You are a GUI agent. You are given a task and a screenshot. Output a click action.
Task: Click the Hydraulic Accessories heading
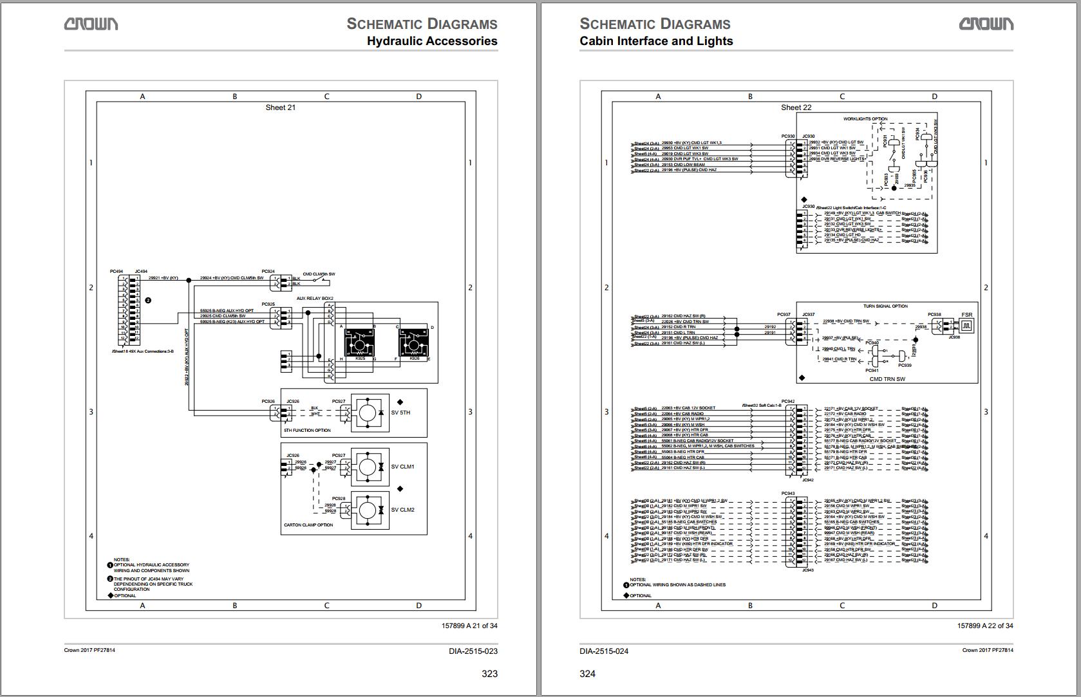(431, 41)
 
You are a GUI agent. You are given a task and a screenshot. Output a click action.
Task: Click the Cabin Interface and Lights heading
(656, 41)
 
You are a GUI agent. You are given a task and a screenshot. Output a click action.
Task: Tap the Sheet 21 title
(281, 107)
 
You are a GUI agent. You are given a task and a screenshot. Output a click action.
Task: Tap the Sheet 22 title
(796, 107)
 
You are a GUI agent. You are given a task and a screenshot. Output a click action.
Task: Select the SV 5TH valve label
(400, 413)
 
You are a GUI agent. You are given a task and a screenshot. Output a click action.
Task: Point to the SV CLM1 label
(402, 467)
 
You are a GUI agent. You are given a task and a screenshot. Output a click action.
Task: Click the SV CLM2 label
(402, 510)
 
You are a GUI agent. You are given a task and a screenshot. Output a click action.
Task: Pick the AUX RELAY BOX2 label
(315, 299)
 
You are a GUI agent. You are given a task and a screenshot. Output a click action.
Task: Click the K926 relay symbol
(414, 344)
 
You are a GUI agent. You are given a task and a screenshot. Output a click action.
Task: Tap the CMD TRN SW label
(887, 379)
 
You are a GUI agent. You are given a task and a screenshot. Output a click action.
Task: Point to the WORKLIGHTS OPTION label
(865, 119)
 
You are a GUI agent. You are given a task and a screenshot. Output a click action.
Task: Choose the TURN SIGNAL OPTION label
(885, 306)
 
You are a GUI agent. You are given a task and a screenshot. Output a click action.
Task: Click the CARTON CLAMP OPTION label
(308, 525)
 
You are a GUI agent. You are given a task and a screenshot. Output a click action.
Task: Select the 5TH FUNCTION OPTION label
(307, 431)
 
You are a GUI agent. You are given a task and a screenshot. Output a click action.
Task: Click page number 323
(489, 674)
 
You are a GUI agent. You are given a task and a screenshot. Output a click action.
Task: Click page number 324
(587, 674)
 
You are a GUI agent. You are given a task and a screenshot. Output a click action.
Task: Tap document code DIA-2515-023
(473, 651)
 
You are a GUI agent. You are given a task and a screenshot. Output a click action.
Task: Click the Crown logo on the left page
(91, 24)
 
